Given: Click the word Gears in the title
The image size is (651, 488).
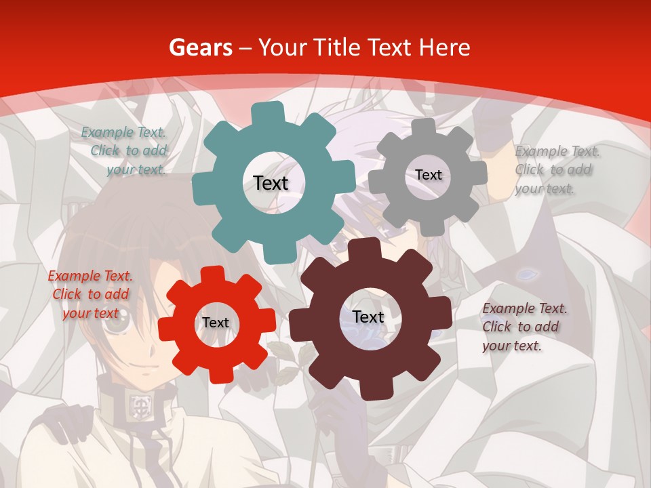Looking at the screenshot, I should pyautogui.click(x=199, y=48).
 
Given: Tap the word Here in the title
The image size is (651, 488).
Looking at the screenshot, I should pyautogui.click(x=444, y=48).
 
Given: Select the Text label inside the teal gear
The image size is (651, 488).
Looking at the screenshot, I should pyautogui.click(x=271, y=183).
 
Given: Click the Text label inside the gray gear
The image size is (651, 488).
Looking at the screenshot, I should pyautogui.click(x=428, y=175).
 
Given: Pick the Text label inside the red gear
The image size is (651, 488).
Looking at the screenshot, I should pyautogui.click(x=215, y=323).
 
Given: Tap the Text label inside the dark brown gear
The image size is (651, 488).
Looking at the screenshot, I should pyautogui.click(x=368, y=317).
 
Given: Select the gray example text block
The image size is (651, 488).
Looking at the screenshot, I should pyautogui.click(x=556, y=169).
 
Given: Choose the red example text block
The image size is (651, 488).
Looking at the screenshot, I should pyautogui.click(x=90, y=294).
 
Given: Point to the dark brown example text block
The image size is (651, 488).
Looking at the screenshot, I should pyautogui.click(x=524, y=327).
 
